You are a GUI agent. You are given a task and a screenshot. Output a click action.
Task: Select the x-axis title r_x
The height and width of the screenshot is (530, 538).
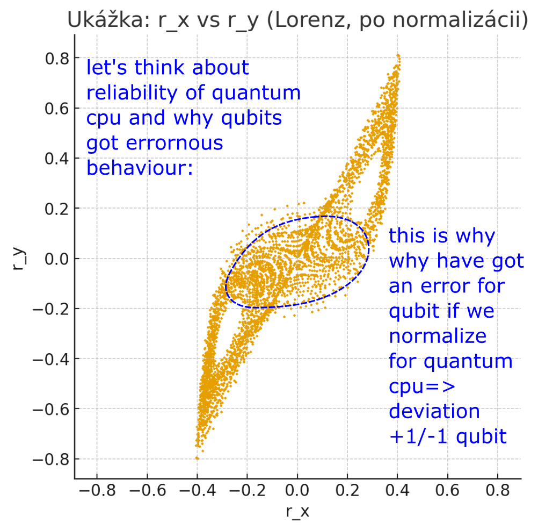pyautogui.click(x=297, y=512)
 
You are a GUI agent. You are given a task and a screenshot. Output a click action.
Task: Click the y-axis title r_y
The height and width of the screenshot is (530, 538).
pyautogui.click(x=19, y=258)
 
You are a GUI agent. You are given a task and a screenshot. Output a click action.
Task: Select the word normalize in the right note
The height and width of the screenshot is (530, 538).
pyautogui.click(x=438, y=336)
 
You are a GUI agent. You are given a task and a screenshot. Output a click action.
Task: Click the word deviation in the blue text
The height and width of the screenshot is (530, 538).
pyautogui.click(x=434, y=412)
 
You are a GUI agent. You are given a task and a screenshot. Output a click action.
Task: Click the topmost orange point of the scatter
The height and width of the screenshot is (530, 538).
pyautogui.click(x=398, y=55)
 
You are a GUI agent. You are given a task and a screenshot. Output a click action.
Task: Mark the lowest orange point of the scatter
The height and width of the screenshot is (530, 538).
pyautogui.click(x=197, y=458)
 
